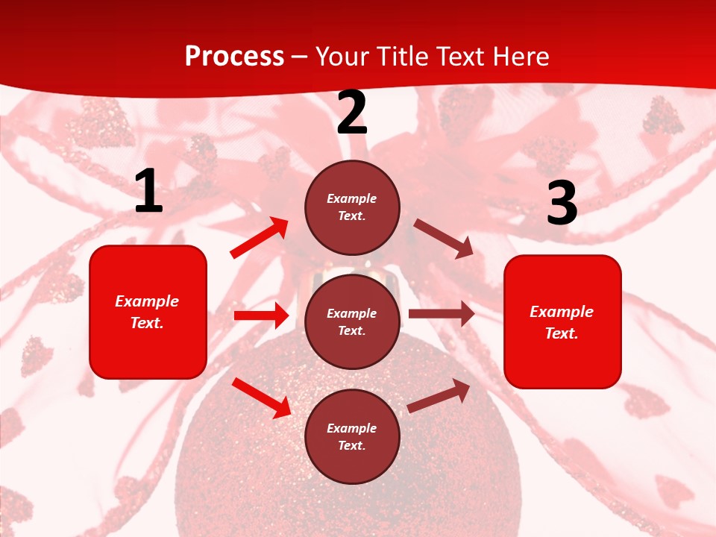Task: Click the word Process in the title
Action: pyautogui.click(x=234, y=57)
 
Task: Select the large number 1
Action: pyautogui.click(x=148, y=192)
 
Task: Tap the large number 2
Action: pyautogui.click(x=352, y=113)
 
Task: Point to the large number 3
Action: pyautogui.click(x=562, y=204)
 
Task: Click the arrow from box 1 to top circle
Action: pyautogui.click(x=259, y=238)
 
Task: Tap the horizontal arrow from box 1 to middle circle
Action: pyautogui.click(x=261, y=315)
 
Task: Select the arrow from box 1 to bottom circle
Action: pyautogui.click(x=261, y=398)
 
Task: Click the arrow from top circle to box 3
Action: pyautogui.click(x=443, y=238)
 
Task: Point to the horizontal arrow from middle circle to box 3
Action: pyautogui.click(x=441, y=314)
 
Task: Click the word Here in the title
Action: pyautogui.click(x=521, y=57)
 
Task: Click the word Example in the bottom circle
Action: pyautogui.click(x=351, y=428)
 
